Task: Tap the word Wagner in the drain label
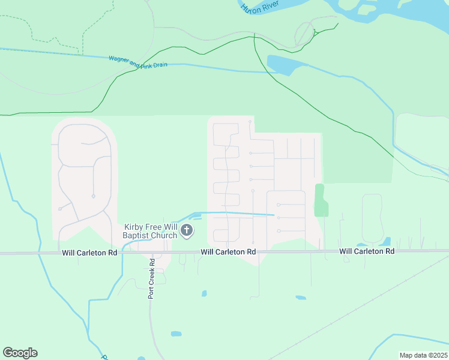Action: (119, 59)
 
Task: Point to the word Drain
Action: (158, 64)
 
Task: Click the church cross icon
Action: (187, 230)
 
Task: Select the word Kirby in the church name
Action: (134, 227)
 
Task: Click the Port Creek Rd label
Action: (152, 278)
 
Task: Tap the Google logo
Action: (20, 353)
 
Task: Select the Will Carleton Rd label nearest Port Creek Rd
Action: (89, 254)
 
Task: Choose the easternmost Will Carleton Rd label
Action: (367, 251)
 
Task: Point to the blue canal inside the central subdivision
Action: (240, 213)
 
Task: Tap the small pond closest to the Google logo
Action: (176, 334)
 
